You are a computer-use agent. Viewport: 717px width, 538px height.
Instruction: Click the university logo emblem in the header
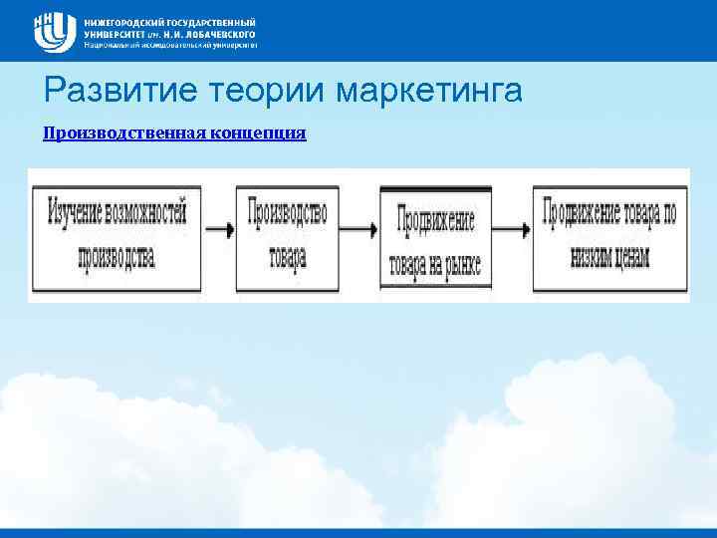[x=55, y=31]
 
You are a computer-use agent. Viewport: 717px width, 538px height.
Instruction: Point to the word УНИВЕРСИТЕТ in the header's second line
[x=115, y=33]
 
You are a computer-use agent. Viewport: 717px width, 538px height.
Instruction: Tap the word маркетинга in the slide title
[x=430, y=92]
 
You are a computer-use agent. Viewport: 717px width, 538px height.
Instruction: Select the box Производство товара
[x=287, y=233]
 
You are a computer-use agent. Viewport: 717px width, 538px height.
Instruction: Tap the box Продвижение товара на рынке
[x=436, y=240]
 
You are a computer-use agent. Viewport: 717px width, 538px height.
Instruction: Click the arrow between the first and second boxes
[x=219, y=229]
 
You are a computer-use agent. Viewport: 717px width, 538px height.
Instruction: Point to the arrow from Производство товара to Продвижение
[x=358, y=229]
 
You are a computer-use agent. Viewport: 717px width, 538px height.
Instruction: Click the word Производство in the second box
[x=287, y=211]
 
